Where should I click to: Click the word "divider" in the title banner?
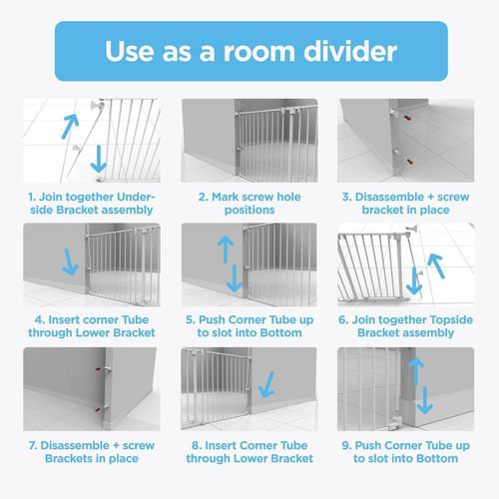[350, 51]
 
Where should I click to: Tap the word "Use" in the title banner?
[130, 51]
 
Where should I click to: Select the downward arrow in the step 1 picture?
[99, 159]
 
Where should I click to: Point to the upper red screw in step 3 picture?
[407, 118]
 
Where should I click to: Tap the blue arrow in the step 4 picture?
[70, 261]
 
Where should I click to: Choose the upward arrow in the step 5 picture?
[226, 249]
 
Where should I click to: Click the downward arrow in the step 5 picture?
[235, 278]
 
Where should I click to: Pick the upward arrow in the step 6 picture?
[436, 265]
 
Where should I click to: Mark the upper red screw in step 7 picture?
[99, 369]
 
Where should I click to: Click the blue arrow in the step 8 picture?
[267, 384]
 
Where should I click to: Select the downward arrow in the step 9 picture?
[424, 400]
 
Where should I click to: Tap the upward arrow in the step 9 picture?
[416, 371]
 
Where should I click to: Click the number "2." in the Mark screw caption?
[204, 197]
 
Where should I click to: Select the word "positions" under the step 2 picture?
[249, 211]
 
